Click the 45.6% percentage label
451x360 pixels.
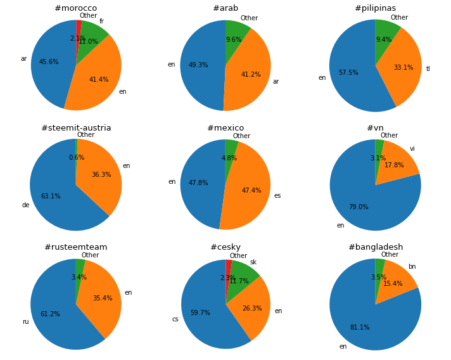click(49, 62)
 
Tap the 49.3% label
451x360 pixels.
click(198, 65)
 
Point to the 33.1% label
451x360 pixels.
click(403, 68)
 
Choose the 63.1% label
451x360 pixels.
click(51, 196)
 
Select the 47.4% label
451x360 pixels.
click(251, 191)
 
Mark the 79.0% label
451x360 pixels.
click(359, 207)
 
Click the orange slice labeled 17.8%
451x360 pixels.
click(398, 166)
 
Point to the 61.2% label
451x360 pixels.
click(50, 314)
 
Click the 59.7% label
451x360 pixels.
click(200, 313)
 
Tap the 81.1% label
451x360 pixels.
click(360, 328)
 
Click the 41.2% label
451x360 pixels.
click(251, 75)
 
